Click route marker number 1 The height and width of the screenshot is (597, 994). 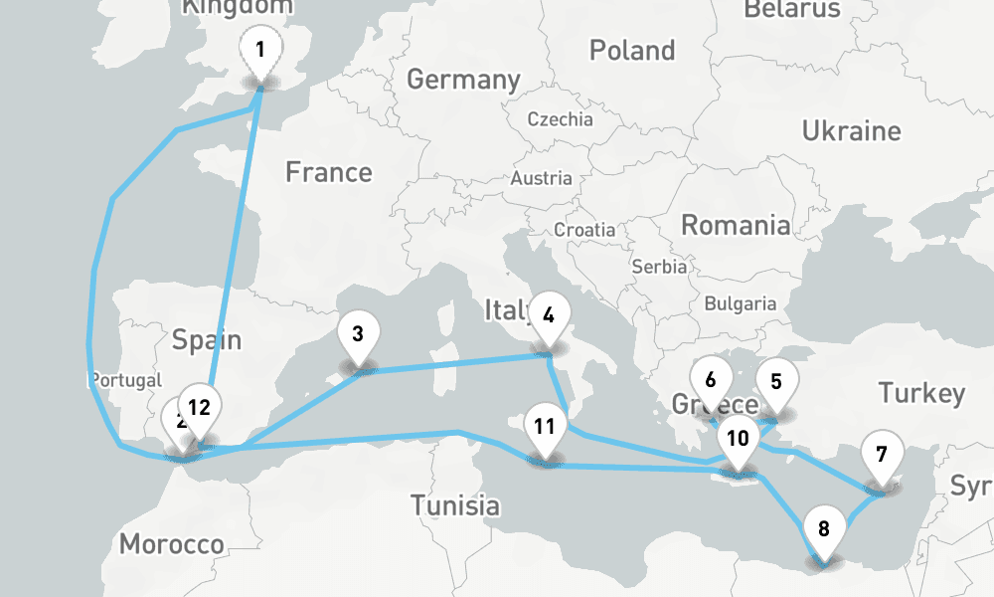260,49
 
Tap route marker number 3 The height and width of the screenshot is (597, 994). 358,333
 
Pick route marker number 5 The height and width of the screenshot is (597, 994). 776,381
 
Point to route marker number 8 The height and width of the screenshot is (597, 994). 823,527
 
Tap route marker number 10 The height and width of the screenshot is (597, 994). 738,439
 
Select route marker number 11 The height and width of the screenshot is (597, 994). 543,427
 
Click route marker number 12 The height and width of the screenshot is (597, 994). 200,407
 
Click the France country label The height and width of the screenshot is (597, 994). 328,172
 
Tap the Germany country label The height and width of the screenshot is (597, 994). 463,80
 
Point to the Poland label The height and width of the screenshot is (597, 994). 631,50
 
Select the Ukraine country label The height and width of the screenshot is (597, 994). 851,131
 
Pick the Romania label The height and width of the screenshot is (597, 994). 736,225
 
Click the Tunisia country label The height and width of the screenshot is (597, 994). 455,504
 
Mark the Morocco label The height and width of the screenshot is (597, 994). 171,544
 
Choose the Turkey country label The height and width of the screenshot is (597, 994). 921,393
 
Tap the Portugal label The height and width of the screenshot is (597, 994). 125,380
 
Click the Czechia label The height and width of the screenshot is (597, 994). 560,119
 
